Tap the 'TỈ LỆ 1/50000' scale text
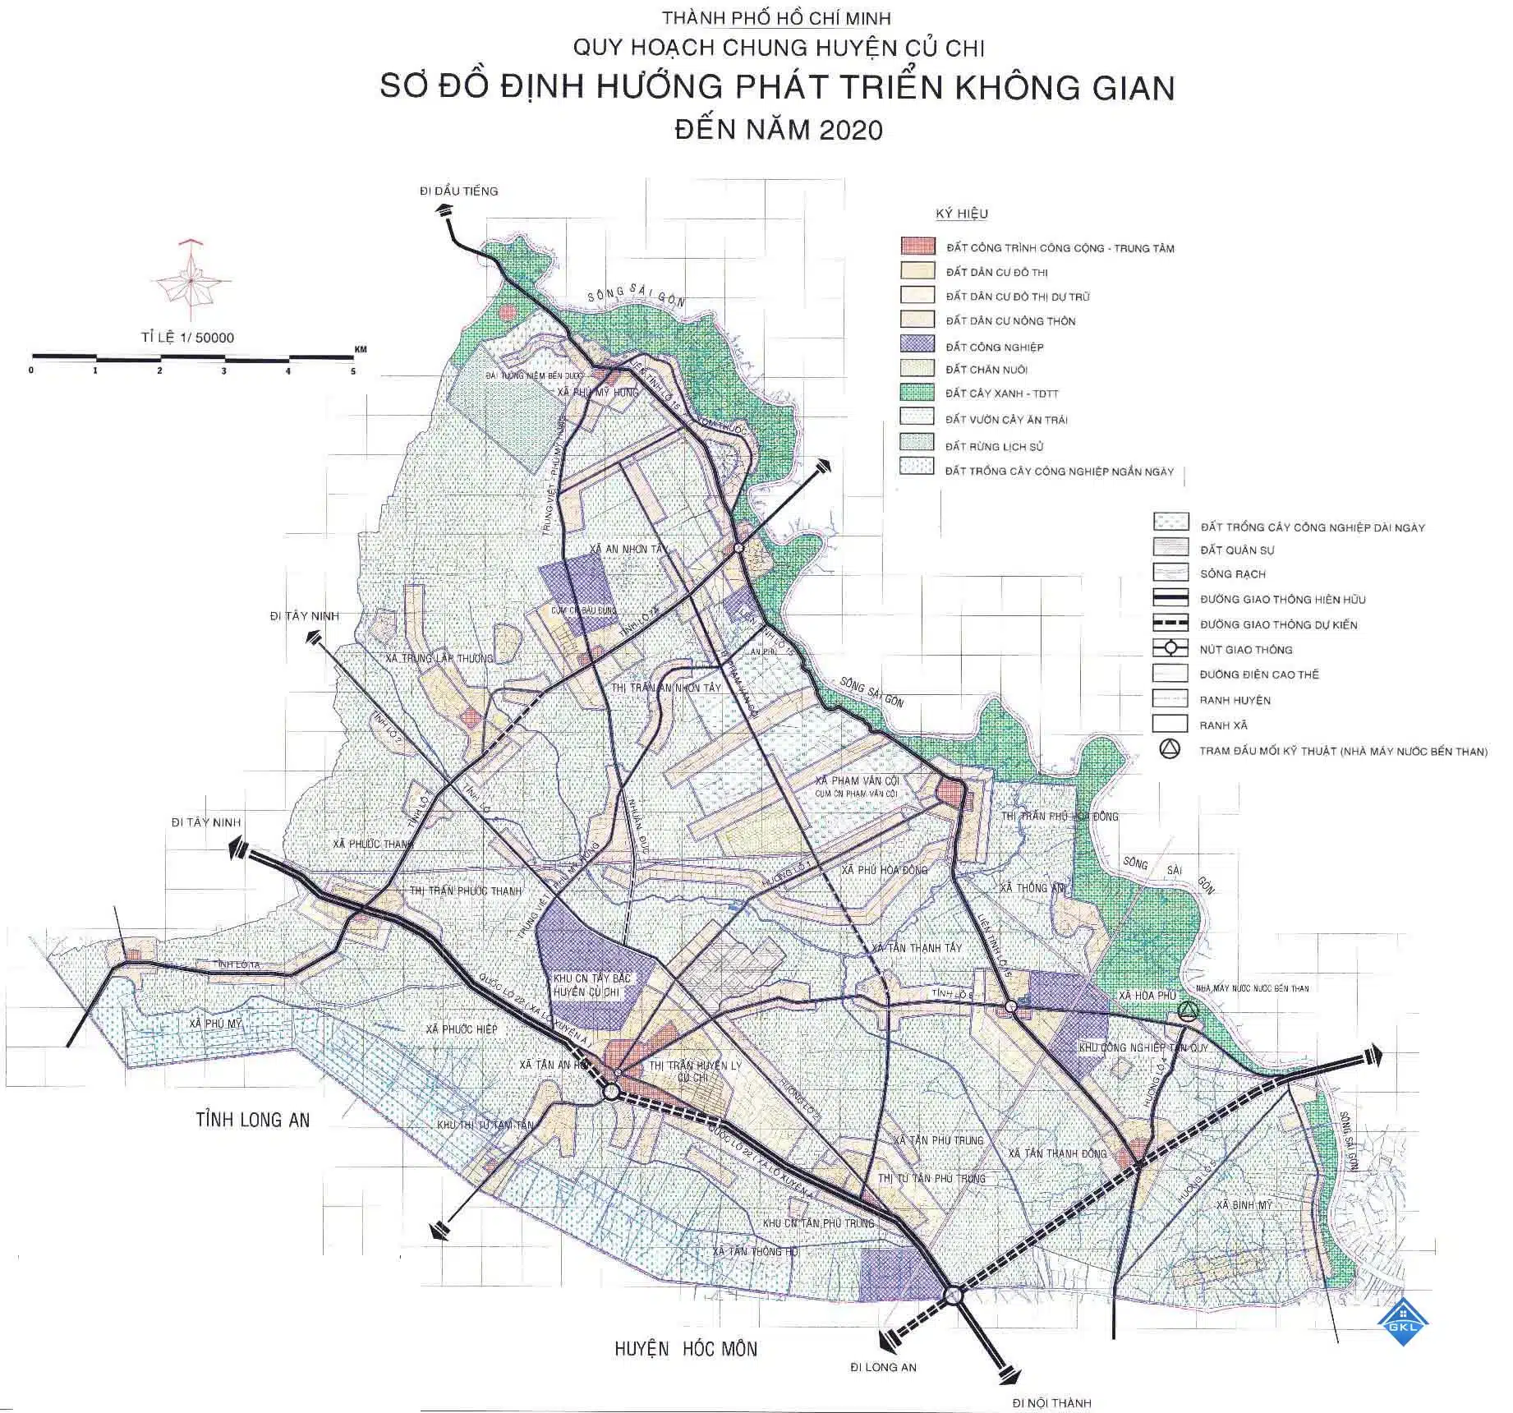click(x=187, y=338)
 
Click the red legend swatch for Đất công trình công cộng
click(x=917, y=246)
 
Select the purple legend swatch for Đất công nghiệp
click(x=917, y=345)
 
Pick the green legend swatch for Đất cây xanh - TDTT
click(x=917, y=393)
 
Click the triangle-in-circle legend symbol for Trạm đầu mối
click(x=1169, y=749)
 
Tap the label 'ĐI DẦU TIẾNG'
click(x=458, y=191)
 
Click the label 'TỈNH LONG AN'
click(x=253, y=1119)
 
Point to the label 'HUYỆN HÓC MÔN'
click(x=686, y=1348)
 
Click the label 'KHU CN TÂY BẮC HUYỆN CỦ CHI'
click(x=586, y=986)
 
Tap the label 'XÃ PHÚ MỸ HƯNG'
click(x=598, y=393)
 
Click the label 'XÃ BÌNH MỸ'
click(x=1244, y=1204)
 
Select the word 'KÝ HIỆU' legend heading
click(x=962, y=214)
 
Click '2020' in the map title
click(x=846, y=130)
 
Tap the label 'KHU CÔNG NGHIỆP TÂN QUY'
click(x=1143, y=1048)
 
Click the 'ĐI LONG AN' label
click(x=883, y=1367)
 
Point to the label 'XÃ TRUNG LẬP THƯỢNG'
click(x=439, y=658)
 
